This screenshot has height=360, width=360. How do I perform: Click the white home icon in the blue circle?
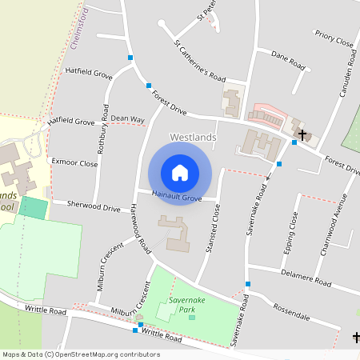point(180,172)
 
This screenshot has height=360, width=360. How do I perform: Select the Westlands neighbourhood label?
point(193,138)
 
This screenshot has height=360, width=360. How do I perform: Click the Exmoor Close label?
point(74,162)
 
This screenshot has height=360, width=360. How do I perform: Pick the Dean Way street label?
point(127,119)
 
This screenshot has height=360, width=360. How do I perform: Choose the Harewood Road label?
point(138,229)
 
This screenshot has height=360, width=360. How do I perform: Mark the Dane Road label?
point(288,59)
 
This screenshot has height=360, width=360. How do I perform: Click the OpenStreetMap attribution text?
point(81,354)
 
